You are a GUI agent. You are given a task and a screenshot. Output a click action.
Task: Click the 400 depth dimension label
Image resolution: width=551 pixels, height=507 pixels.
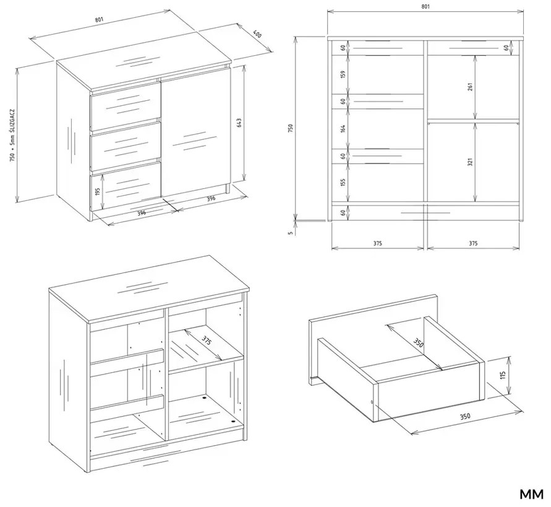(x=257, y=35)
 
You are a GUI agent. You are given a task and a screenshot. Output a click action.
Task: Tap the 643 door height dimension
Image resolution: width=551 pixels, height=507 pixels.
(x=239, y=123)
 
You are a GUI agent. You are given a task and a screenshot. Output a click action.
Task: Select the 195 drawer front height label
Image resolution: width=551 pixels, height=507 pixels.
(x=98, y=191)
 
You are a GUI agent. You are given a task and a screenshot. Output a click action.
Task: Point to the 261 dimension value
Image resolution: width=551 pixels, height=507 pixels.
(x=471, y=87)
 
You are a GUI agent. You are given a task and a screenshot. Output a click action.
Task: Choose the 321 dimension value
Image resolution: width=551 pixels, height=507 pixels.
(x=471, y=161)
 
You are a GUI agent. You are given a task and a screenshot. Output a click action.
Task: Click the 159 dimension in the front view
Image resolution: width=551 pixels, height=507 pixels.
(x=343, y=74)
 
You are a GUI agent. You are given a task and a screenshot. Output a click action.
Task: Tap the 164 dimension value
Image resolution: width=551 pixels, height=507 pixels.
(x=343, y=128)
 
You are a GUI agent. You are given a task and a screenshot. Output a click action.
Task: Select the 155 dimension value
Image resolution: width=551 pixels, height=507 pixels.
(x=343, y=182)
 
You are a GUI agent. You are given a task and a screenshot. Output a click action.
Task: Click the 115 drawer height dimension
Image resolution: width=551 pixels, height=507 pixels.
(x=503, y=375)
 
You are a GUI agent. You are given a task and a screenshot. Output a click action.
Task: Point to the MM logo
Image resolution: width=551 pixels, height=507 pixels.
(x=531, y=494)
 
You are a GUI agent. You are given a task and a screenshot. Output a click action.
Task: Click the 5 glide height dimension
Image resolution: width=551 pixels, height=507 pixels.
(x=290, y=233)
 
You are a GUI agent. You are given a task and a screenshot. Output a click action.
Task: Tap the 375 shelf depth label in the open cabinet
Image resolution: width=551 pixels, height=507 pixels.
(x=207, y=340)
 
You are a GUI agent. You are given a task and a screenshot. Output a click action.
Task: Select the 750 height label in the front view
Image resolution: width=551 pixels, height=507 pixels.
(x=290, y=128)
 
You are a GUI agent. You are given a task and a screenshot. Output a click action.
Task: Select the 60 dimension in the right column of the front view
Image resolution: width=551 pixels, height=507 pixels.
(x=506, y=48)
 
